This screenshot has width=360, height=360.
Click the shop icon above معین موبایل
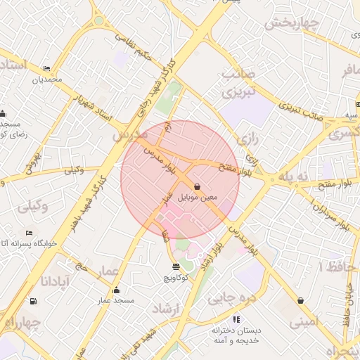tap(198, 187)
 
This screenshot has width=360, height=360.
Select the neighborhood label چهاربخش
tap(292, 22)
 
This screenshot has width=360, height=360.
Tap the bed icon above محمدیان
tap(46, 69)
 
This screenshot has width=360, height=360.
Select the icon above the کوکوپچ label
tap(175, 266)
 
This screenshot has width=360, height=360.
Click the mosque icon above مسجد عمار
tap(116, 290)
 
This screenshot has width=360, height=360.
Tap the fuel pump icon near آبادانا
tap(33, 302)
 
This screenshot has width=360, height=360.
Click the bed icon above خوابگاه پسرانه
tap(29, 233)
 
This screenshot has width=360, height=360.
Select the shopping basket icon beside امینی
tap(301, 301)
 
